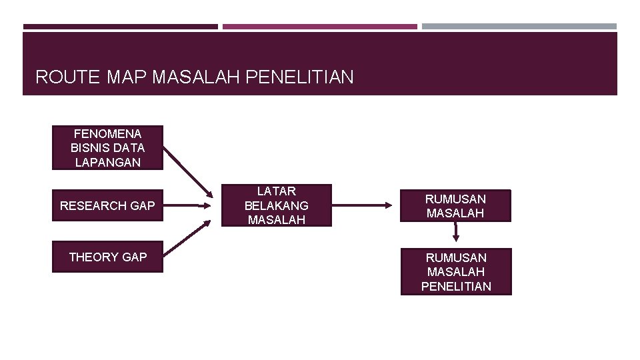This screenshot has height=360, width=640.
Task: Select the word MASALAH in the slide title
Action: (x=197, y=77)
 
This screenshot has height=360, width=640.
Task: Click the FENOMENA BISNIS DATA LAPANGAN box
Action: (x=107, y=148)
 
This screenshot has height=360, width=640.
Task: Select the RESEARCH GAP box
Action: (x=107, y=206)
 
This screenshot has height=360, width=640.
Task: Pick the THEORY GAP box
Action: (x=107, y=257)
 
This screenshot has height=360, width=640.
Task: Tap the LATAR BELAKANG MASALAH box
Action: (x=276, y=205)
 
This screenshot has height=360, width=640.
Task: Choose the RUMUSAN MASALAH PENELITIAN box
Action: (x=456, y=271)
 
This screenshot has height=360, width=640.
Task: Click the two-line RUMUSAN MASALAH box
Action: (x=456, y=206)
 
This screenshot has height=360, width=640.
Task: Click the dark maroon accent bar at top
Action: (x=120, y=27)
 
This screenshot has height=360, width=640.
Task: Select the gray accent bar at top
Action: (x=519, y=27)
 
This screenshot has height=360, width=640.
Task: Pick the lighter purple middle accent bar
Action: (x=319, y=27)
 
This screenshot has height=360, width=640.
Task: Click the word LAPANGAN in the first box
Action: (x=107, y=162)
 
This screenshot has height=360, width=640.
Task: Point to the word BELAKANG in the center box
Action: (x=276, y=205)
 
